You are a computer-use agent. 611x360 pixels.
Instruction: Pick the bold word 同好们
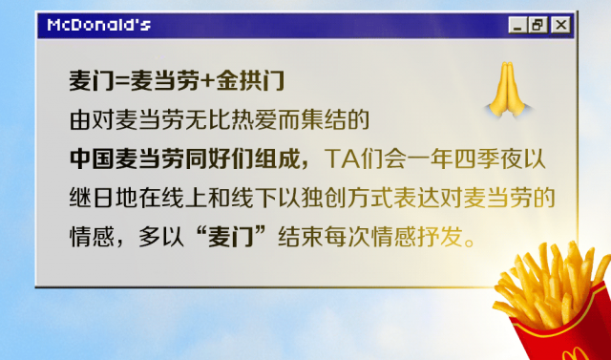222,157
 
